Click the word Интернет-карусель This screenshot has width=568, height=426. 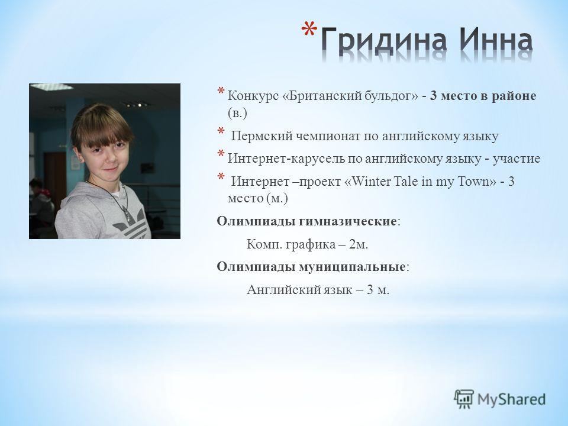286,159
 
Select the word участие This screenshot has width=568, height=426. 516,159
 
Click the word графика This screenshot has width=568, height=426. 311,244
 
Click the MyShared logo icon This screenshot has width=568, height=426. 464,399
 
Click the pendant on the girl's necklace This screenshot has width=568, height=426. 127,215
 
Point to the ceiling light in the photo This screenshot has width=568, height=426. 51,88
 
